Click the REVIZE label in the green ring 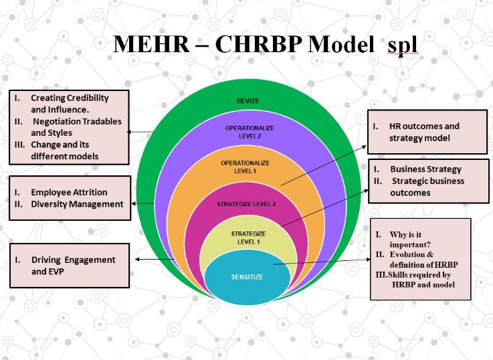(248, 101)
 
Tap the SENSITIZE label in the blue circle (247, 277)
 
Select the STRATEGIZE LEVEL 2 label (246, 204)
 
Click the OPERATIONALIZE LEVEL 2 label (250, 132)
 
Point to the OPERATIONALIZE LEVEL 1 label (245, 167)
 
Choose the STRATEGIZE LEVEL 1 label (248, 238)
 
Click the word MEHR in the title (151, 44)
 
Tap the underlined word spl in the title (403, 46)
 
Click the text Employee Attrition (69, 192)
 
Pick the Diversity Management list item (77, 204)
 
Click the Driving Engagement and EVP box (70, 266)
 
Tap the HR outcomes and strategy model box (427, 132)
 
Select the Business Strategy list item (425, 169)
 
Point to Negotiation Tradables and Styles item (76, 127)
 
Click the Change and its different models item (64, 151)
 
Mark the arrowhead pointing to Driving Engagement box (137, 260)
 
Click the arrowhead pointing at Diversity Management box (133, 203)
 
